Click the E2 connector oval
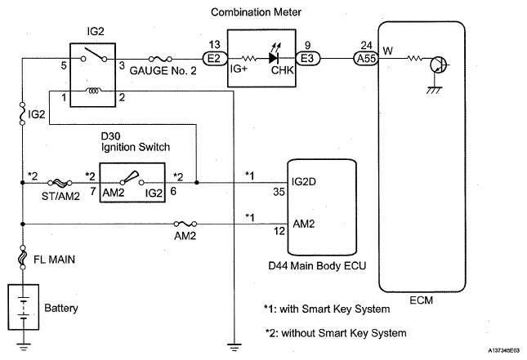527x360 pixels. [214, 59]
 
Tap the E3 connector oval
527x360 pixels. [307, 59]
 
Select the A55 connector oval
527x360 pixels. [366, 59]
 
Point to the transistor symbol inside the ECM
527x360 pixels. [439, 64]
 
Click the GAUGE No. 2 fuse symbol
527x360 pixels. [160, 59]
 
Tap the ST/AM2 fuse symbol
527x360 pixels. [60, 183]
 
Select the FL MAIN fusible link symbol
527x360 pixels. [23, 257]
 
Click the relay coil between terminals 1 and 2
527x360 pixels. [94, 91]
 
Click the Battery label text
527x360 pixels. [61, 308]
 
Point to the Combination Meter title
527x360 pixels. [256, 12]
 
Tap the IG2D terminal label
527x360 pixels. [304, 182]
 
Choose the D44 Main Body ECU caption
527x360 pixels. [317, 265]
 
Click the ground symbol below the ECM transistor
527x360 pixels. [434, 90]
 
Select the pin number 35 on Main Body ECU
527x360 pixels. [279, 192]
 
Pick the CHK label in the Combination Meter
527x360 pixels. [283, 70]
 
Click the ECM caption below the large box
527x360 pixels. [421, 300]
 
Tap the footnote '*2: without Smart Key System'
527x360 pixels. [336, 333]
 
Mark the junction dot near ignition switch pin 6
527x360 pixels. [197, 182]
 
